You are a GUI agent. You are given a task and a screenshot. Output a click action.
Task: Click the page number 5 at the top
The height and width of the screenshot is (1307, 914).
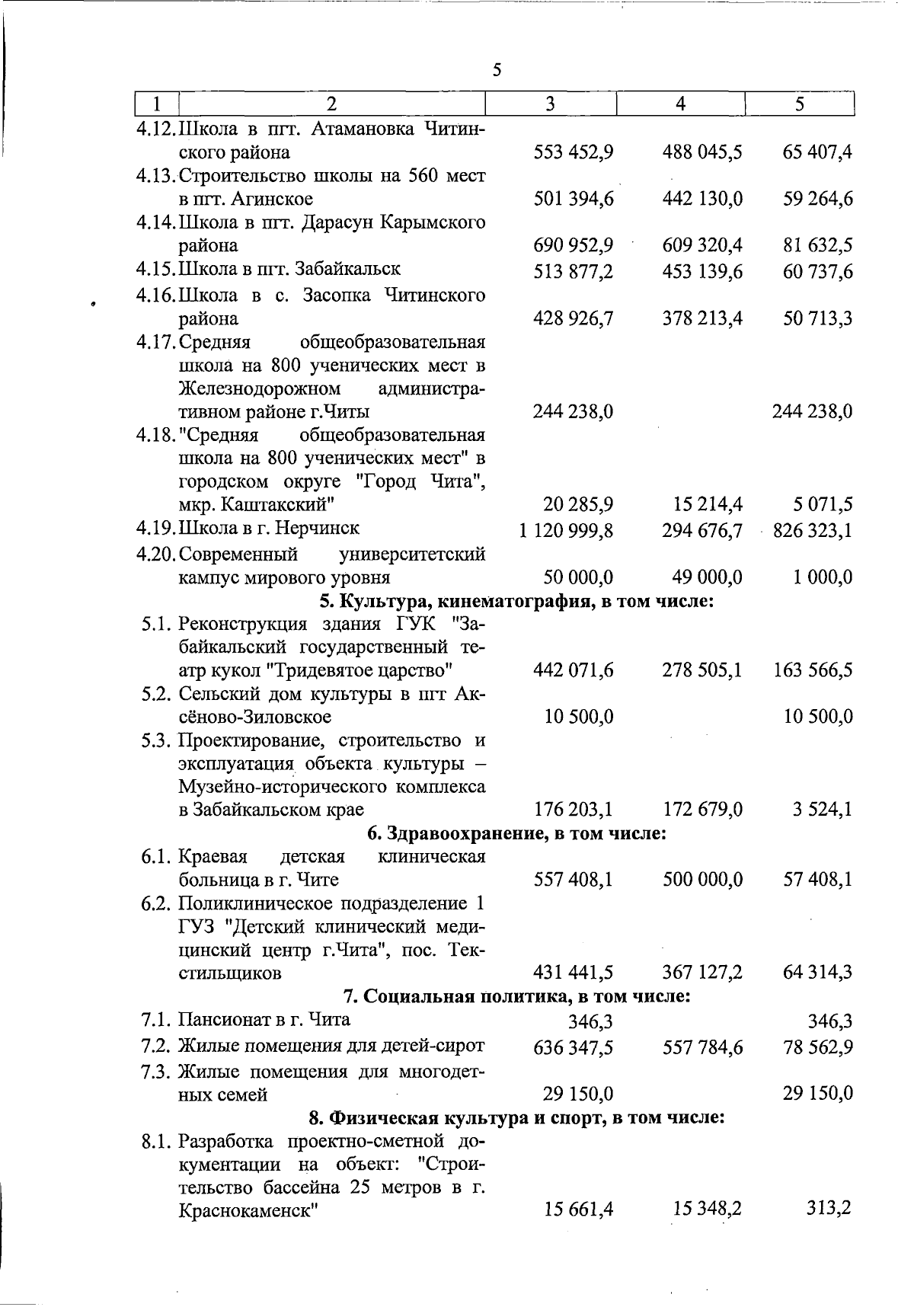pos(497,70)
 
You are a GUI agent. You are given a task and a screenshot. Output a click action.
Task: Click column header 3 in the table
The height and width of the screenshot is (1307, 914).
pos(550,104)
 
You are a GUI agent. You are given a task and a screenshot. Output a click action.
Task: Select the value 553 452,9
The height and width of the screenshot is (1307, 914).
pos(574,152)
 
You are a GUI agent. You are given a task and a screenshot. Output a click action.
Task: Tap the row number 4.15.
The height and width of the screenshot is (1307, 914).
pos(156,269)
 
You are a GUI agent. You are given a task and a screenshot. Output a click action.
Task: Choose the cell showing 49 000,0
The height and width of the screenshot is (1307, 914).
pos(701,577)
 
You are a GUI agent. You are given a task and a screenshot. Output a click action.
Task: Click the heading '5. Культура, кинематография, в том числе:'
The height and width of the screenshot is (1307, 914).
pos(516,601)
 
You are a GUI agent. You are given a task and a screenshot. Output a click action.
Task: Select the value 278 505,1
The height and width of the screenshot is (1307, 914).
pos(701,670)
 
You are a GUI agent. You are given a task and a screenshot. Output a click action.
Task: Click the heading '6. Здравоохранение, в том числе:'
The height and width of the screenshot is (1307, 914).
pos(516,833)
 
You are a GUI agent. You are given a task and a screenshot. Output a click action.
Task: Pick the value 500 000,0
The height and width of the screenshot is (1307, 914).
pos(701,880)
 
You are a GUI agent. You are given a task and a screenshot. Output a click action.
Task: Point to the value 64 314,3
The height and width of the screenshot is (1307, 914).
pos(817,973)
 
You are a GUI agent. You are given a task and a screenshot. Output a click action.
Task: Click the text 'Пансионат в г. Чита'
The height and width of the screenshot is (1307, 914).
pos(264,1019)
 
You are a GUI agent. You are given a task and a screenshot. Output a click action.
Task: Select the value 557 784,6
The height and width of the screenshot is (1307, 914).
pos(701,1048)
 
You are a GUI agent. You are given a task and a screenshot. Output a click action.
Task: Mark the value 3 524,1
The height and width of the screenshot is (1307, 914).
pos(823,810)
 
